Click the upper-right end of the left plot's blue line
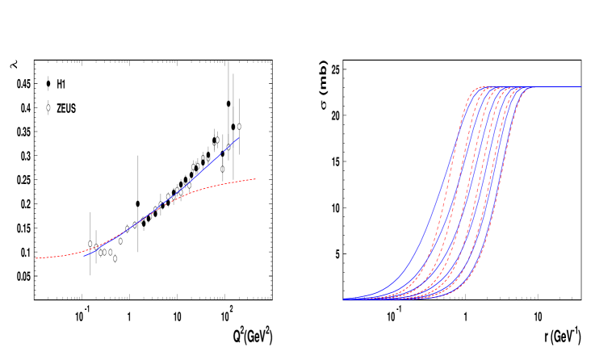click(239, 137)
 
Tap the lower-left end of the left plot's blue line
click(84, 256)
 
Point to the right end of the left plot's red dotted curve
click(256, 178)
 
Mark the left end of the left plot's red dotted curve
click(36, 258)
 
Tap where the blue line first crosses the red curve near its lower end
click(95, 249)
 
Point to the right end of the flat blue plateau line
click(580, 87)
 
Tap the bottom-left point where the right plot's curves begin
click(344, 299)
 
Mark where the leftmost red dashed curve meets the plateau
click(479, 87)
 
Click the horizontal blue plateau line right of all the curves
click(557, 87)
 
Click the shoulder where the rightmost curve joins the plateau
click(530, 88)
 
